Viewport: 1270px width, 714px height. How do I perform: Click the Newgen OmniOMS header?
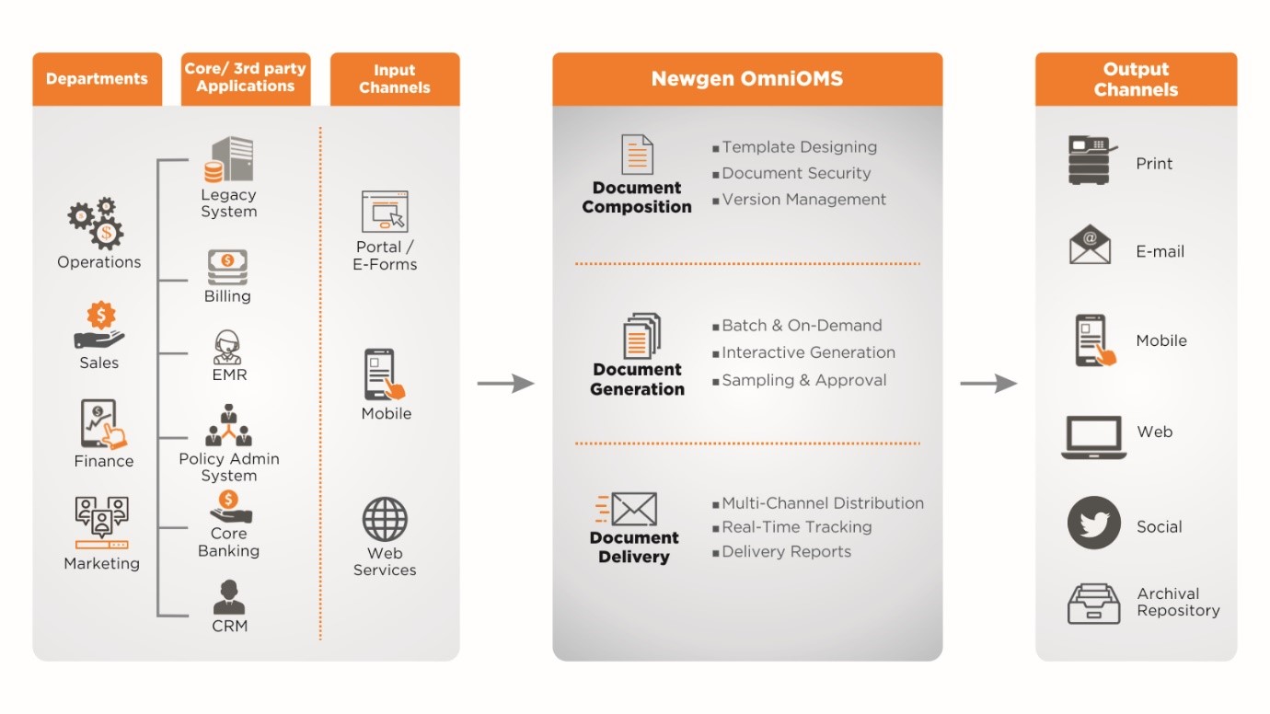coord(746,79)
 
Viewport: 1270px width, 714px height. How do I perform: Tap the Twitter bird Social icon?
coord(1093,524)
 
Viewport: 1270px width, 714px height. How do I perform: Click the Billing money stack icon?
coord(227,267)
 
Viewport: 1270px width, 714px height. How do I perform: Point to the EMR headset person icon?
coord(227,348)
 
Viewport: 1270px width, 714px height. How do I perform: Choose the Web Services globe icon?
coord(385,520)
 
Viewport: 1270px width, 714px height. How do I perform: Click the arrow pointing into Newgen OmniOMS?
coord(505,383)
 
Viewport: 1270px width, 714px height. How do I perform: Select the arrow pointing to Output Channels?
coord(988,383)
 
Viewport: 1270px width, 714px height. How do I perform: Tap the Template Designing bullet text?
coord(799,147)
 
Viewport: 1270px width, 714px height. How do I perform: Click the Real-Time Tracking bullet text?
coord(796,527)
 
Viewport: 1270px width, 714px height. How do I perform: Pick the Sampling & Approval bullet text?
coord(803,380)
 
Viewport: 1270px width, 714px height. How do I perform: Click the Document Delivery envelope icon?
coord(628,509)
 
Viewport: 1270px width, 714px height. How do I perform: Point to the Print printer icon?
coord(1092,160)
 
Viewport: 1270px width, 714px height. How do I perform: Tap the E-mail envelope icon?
coord(1091,246)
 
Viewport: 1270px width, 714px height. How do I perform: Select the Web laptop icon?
coord(1093,437)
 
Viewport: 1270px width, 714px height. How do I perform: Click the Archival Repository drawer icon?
coord(1093,603)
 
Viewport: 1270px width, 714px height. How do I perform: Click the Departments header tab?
coord(97,79)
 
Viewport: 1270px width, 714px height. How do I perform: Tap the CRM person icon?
coord(228,597)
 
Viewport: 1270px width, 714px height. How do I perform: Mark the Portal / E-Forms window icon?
coord(385,212)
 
